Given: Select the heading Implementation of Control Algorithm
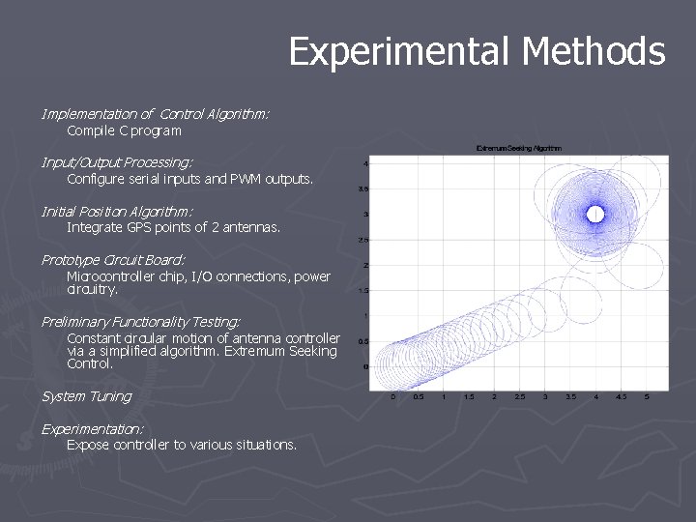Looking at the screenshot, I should coord(155,114).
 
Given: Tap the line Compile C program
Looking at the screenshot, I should coord(124,130).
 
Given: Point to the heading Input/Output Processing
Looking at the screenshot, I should coord(117,162).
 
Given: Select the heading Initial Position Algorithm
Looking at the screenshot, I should coord(117,211).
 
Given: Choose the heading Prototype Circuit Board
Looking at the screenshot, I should coord(113,259).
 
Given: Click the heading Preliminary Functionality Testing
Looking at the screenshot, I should coord(140,321).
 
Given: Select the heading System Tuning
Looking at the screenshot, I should coord(86,396).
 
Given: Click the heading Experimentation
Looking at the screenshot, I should coord(92,428).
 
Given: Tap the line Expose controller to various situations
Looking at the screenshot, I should coord(182,445).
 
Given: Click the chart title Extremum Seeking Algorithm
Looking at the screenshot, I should coord(519,148).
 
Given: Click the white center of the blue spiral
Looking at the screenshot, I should coord(595,214).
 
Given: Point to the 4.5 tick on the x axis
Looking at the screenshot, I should coord(622,396).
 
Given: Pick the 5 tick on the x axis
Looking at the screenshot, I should coord(647,396).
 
